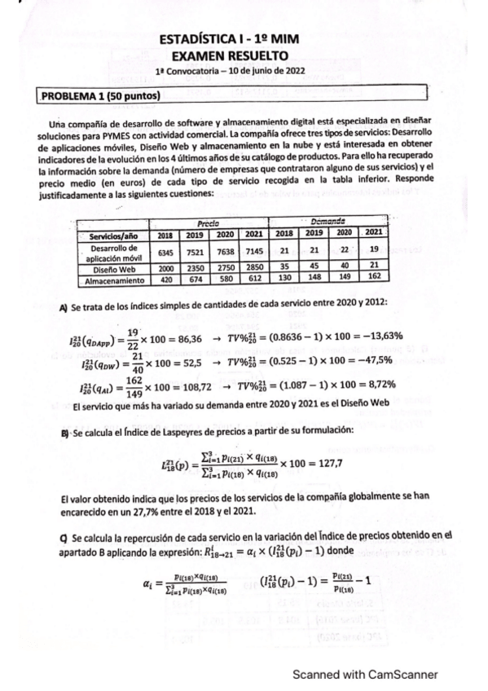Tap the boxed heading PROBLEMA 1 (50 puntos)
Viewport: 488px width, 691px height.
[x=100, y=96]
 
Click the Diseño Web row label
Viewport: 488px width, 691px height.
[x=110, y=266]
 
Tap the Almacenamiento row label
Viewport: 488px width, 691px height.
[x=110, y=279]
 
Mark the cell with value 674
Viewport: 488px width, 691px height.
[x=194, y=279]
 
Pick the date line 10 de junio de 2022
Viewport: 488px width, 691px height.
[x=261, y=71]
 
